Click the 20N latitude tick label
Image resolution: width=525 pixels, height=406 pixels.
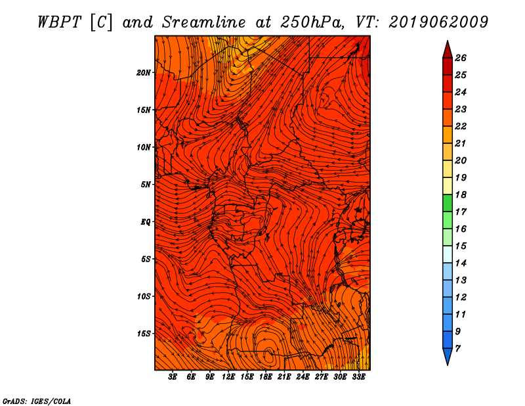(143, 72)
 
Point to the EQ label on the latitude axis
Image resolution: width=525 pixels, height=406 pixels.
(145, 221)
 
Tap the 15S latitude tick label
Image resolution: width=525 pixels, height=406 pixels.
(143, 334)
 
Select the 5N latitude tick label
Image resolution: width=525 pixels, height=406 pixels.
(145, 185)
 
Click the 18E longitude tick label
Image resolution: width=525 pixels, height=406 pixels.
(266, 377)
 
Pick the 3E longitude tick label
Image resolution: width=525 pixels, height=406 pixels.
(173, 377)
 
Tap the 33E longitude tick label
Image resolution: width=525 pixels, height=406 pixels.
(358, 377)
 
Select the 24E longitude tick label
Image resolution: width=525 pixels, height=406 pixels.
(303, 377)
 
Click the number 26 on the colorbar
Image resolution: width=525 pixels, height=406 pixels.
(461, 58)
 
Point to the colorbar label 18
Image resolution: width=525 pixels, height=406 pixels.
(461, 194)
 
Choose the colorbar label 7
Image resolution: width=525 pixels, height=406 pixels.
(457, 349)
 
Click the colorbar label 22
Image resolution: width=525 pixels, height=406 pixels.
(461, 126)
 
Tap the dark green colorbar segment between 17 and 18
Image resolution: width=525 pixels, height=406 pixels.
(448, 203)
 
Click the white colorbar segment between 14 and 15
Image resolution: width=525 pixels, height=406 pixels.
(448, 254)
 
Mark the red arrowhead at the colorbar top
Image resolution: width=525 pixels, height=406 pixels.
(448, 50)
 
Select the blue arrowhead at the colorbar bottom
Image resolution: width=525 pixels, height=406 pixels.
(448, 356)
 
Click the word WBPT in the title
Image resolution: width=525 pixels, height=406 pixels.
(60, 22)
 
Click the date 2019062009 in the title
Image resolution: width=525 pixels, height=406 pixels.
(438, 22)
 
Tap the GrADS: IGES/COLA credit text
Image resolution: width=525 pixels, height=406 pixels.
(37, 401)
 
